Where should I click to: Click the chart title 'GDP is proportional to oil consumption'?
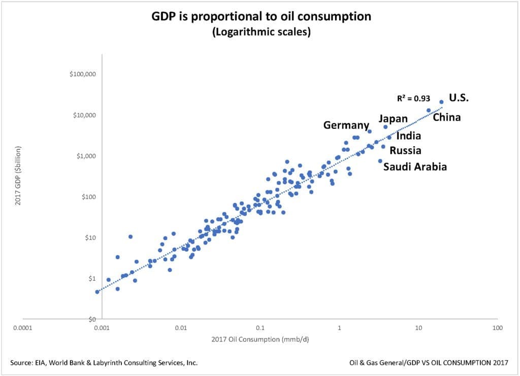click(x=261, y=17)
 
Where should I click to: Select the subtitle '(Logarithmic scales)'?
click(x=261, y=32)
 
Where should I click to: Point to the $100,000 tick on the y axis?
click(x=83, y=74)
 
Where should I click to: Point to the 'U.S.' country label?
click(x=459, y=98)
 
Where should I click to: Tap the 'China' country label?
click(x=446, y=118)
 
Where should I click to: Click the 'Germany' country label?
click(x=346, y=125)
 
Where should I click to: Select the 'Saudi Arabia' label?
click(x=415, y=166)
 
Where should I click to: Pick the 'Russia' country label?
click(x=405, y=151)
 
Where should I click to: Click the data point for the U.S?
click(x=441, y=102)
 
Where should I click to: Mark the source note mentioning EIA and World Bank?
click(x=104, y=363)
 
